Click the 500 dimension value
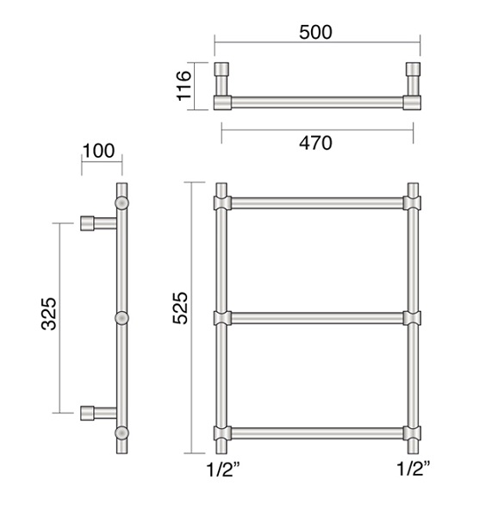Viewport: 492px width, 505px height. coord(315,32)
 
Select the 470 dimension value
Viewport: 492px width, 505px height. coord(315,143)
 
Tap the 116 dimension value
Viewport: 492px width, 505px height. coord(184,85)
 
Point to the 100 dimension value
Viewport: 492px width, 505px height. coord(98,151)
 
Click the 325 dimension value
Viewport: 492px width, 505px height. coord(49,314)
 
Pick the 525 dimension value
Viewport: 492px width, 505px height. coord(180,308)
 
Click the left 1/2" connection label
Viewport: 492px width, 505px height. coord(223,469)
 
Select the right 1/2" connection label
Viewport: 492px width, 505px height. coord(414,469)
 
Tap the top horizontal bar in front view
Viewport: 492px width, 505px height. coord(317,203)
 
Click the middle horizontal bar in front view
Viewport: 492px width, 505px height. coord(317,318)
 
